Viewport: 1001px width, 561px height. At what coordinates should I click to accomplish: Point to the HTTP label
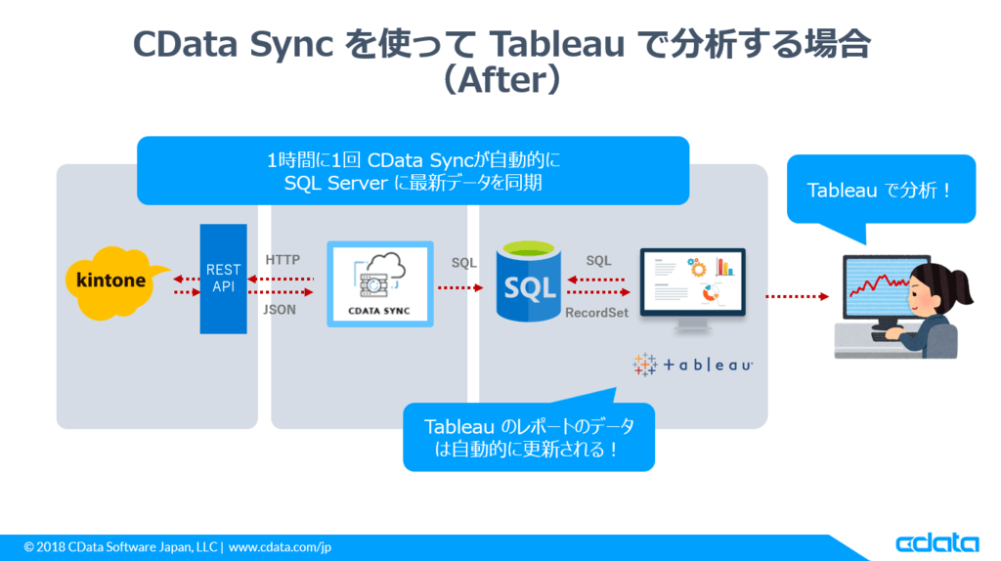tap(283, 260)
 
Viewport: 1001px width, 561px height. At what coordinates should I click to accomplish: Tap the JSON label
tap(281, 309)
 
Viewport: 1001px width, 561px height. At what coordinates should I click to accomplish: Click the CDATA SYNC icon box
tap(381, 284)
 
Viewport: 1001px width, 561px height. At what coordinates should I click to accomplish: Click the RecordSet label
tap(596, 314)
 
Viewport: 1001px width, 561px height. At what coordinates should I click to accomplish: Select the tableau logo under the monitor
tap(693, 365)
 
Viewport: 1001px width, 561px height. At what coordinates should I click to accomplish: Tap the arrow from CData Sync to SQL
tap(460, 287)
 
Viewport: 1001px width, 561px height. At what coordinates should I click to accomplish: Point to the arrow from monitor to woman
tap(797, 295)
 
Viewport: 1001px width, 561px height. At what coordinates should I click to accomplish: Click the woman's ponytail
tap(960, 286)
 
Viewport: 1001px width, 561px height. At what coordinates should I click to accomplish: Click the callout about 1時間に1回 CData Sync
tap(413, 170)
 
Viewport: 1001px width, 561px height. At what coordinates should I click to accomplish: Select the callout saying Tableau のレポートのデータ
tap(528, 438)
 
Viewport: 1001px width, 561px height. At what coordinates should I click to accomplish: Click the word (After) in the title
tap(500, 79)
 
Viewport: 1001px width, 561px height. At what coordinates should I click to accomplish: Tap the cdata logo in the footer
tap(936, 543)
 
